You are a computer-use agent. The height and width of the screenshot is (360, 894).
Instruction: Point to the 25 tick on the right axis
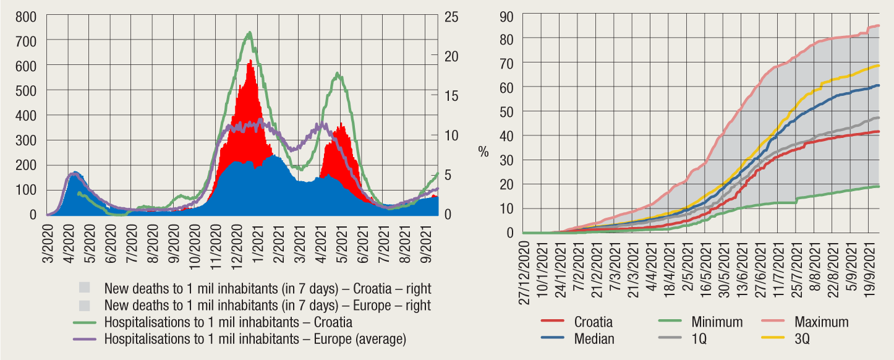(451, 15)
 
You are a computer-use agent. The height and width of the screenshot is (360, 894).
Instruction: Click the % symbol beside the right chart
(483, 153)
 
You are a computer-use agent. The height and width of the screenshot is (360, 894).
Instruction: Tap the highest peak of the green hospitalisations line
(249, 32)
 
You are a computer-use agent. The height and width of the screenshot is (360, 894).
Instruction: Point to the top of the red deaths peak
(250, 61)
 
